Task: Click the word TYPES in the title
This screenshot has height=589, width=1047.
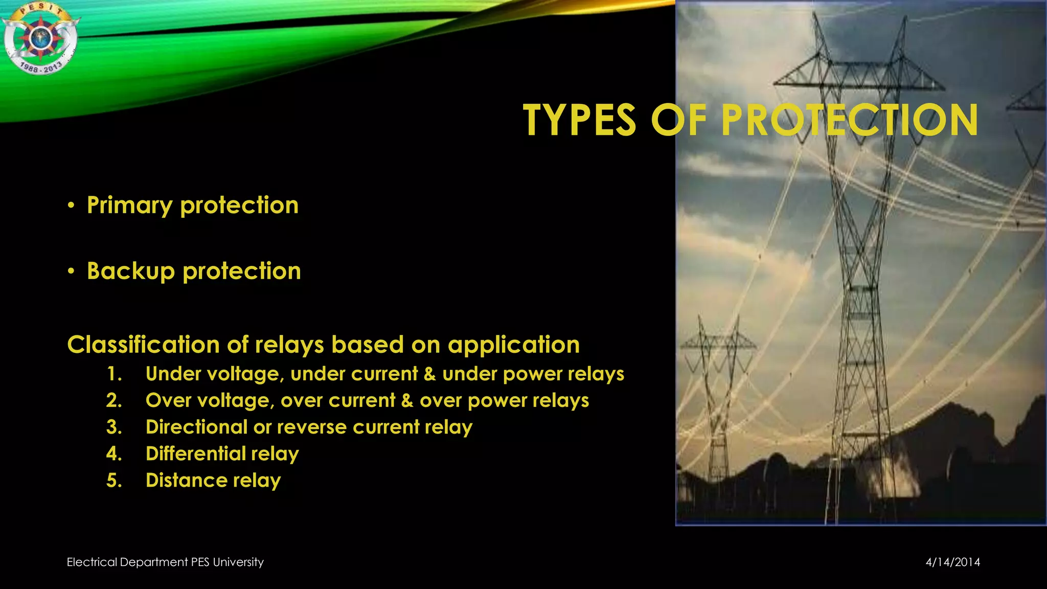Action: pos(579,120)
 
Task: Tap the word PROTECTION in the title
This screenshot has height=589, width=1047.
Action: pos(849,120)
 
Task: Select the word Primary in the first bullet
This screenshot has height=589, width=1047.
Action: pos(130,206)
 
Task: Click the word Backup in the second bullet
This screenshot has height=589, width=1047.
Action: pos(131,271)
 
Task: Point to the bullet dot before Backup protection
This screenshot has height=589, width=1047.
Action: pos(72,271)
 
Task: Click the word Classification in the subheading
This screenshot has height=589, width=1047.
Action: pos(144,345)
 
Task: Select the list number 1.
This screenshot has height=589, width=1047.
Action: pos(114,374)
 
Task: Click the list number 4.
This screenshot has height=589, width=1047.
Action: pos(114,454)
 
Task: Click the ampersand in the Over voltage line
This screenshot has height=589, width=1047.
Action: pos(407,400)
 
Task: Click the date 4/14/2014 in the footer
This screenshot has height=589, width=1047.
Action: pos(952,562)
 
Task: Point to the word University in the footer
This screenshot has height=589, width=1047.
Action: pos(238,562)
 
